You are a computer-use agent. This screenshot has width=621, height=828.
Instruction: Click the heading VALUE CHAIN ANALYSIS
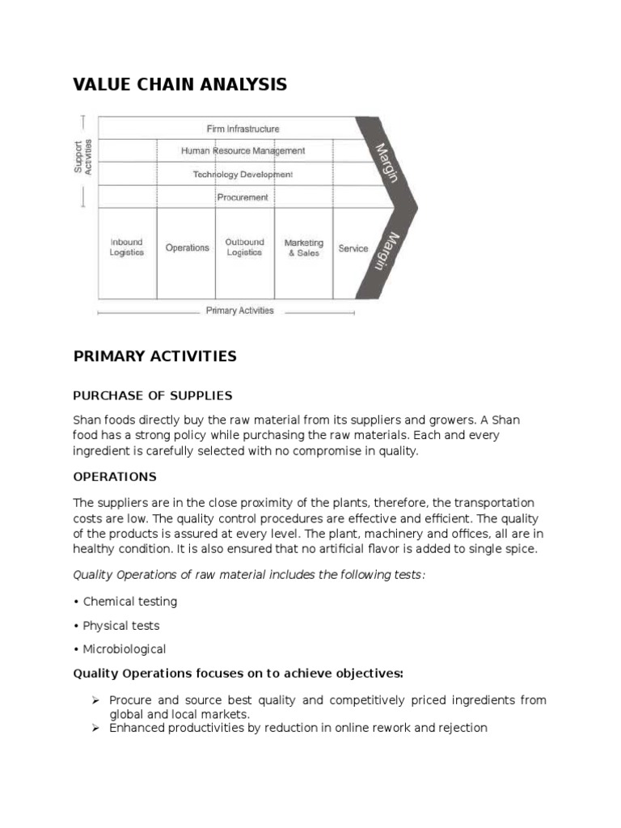[180, 84]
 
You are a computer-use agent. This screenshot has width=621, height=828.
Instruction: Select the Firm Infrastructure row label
[242, 129]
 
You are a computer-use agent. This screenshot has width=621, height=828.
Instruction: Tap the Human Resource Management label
[243, 150]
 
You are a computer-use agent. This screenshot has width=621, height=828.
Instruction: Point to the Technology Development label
[243, 174]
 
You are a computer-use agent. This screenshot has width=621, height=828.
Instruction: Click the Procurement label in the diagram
[243, 196]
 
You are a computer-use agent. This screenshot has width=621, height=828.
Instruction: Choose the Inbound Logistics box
[127, 247]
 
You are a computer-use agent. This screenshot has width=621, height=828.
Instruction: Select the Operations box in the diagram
[187, 248]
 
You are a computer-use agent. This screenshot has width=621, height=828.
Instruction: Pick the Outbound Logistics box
[244, 247]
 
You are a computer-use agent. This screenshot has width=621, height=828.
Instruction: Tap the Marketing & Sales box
[303, 247]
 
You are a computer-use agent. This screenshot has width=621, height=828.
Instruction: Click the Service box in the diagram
[353, 248]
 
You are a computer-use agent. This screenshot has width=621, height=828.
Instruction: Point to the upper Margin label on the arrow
[387, 162]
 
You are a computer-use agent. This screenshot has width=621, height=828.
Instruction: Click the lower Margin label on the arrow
[387, 252]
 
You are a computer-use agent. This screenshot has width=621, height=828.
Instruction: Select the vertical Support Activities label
[83, 156]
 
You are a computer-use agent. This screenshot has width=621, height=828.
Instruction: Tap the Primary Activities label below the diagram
[239, 310]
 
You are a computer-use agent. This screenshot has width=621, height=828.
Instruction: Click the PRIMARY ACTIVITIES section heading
[154, 357]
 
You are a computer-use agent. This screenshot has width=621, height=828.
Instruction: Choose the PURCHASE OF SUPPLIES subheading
[152, 395]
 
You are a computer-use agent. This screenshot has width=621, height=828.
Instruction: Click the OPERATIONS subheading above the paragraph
[115, 476]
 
